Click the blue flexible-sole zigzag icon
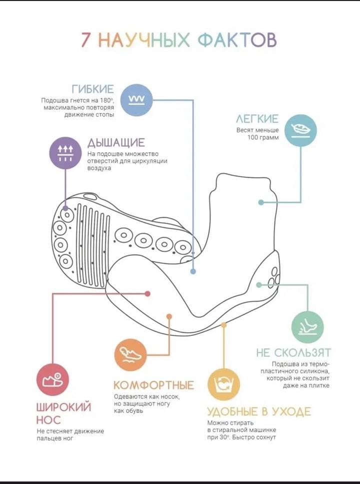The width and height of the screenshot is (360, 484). (x=136, y=100)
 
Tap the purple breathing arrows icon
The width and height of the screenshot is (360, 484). (x=65, y=153)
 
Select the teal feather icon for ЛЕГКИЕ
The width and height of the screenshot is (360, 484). (x=300, y=130)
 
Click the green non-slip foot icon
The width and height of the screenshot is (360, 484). (x=307, y=327)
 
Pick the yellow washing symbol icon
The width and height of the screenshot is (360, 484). (x=223, y=384)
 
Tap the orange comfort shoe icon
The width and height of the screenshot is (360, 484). (x=130, y=355)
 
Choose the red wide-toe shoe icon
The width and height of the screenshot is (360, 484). (x=53, y=380)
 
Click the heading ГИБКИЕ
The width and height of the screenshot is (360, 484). (x=93, y=89)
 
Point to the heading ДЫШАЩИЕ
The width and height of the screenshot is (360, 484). (x=116, y=143)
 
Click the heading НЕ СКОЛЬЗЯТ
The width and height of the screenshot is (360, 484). (x=293, y=352)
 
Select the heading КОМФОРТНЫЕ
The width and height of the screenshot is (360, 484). (x=153, y=385)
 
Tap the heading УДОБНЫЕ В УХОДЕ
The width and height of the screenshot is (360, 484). (x=259, y=411)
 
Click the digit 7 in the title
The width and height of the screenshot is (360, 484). (x=86, y=40)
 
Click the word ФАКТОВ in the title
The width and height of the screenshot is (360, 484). (x=237, y=40)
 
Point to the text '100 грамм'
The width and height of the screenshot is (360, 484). (x=263, y=137)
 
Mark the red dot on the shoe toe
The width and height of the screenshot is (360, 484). (x=147, y=293)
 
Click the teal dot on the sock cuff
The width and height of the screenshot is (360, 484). (x=261, y=203)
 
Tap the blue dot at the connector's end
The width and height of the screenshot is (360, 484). (x=193, y=271)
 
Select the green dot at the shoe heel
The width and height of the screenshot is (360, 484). (x=259, y=285)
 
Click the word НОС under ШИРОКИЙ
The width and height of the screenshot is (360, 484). (x=48, y=420)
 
